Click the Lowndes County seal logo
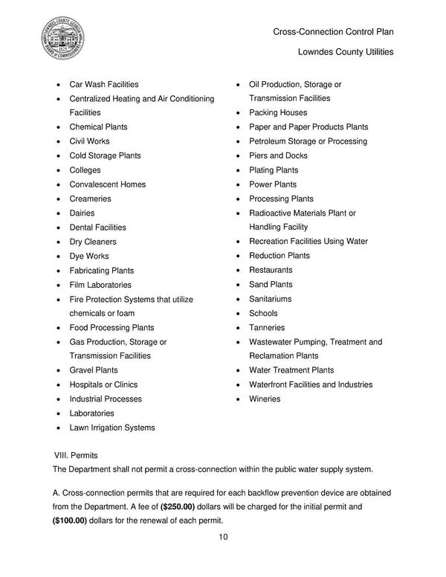62,38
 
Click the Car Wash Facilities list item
104,84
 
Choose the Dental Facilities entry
98,228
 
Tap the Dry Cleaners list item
93,242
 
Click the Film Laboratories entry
100,285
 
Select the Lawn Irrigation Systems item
112,428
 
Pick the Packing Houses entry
278,113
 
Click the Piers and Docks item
278,156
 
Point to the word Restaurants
271,270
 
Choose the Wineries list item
265,399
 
